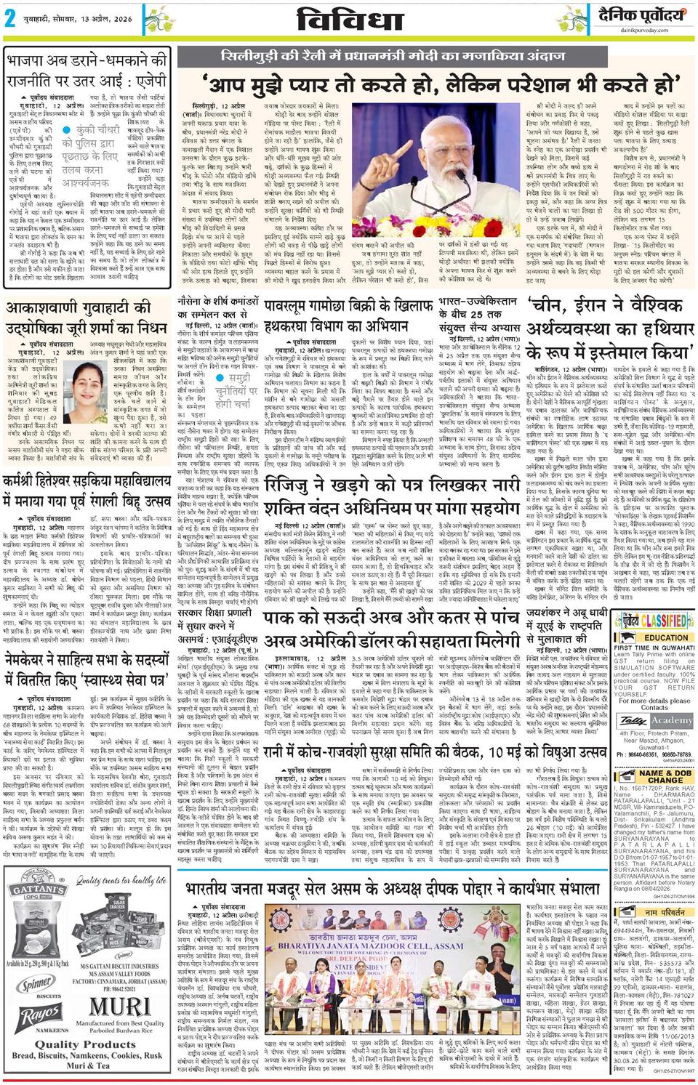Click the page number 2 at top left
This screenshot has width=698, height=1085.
point(10,20)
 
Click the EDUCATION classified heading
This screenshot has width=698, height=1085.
point(666,637)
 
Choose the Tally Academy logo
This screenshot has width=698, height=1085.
point(651,719)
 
